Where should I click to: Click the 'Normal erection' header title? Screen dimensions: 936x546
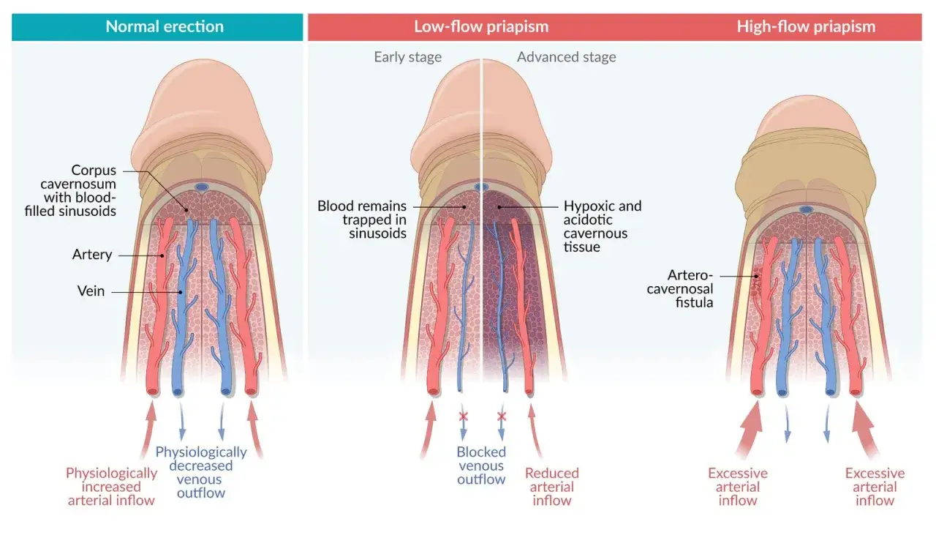165,27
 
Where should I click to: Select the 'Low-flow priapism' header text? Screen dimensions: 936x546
481,27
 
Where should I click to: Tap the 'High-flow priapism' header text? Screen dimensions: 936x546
806,27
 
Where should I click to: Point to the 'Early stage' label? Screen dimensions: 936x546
407,57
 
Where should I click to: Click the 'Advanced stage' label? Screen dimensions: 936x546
566,57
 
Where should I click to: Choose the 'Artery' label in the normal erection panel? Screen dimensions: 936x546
92,254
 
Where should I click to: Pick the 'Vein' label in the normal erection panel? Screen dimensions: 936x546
91,291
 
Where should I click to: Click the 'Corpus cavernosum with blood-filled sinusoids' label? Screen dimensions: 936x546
70,190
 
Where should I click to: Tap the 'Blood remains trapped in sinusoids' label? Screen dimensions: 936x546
362,219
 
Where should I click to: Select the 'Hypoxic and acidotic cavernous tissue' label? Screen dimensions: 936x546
602,226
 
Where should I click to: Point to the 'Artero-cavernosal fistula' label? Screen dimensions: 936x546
680,288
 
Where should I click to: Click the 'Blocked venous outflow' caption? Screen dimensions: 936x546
481,465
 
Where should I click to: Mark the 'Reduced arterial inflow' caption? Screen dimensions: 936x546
551,487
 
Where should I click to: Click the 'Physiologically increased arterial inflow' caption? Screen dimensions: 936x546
111,487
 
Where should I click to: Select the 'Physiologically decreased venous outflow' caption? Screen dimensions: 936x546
201,472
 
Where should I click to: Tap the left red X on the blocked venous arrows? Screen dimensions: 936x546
463,416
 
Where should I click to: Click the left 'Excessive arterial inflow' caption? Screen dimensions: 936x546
738,487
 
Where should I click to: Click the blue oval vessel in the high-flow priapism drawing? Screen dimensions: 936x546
806,209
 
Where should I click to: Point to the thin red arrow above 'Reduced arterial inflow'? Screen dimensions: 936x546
535,430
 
